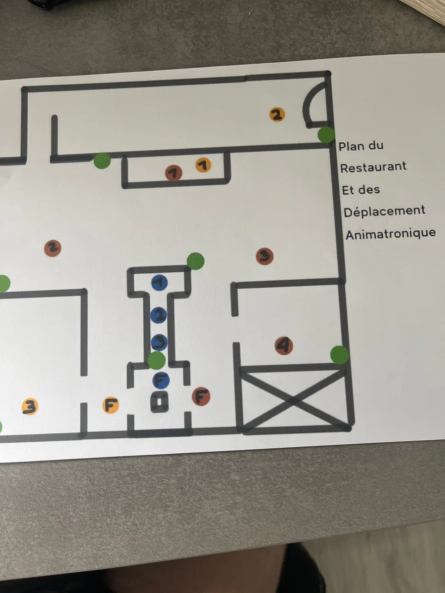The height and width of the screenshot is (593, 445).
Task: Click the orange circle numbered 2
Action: coord(277,115)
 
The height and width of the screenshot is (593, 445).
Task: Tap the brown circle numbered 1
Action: coord(174,173)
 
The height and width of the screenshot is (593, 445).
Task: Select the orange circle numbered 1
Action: coord(203,165)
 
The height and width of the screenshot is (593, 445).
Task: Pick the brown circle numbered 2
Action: coord(53,248)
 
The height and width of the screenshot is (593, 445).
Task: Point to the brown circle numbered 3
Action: coord(265,256)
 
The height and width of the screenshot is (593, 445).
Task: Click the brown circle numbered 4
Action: coord(284,345)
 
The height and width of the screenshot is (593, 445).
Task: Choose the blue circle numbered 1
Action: coord(160,283)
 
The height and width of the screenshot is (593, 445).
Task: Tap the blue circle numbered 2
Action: coord(159,315)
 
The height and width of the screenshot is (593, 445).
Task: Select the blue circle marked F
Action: coord(161,381)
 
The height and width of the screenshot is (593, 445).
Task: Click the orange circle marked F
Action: coord(111,405)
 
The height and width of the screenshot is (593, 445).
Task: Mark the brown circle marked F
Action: coord(201,396)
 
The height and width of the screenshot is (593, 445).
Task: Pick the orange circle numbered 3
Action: coord(30,406)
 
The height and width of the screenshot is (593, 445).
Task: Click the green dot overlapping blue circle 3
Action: coord(156,360)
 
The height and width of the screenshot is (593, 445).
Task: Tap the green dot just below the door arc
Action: coord(326,134)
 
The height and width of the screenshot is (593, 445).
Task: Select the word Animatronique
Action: coord(391,234)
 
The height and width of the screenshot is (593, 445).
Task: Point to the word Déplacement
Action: coord(385,212)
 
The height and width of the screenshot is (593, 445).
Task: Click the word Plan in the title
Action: coord(351,147)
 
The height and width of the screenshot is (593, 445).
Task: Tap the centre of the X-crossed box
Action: coord(294,400)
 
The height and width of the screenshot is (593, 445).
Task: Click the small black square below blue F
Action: coord(159,402)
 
